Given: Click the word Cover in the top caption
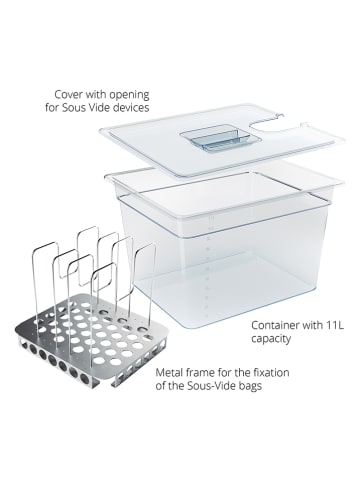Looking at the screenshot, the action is click(68, 94).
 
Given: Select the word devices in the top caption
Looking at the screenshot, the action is click(131, 108).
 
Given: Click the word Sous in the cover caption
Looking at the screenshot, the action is click(74, 108).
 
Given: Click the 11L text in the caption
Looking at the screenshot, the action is click(335, 325).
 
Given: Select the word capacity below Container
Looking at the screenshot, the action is click(271, 339).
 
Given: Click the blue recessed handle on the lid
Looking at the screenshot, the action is click(214, 138).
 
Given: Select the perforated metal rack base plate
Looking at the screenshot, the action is click(87, 343).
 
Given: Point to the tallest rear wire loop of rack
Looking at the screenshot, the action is click(88, 253).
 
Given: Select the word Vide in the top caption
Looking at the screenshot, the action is click(99, 108).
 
